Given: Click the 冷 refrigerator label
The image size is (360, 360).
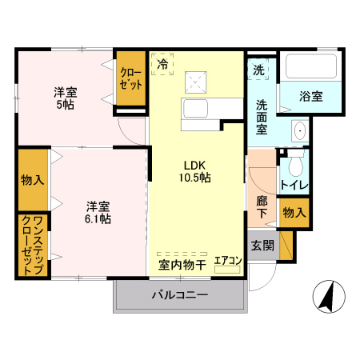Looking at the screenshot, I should tap(162, 63).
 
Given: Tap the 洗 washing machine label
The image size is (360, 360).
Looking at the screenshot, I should tap(258, 70).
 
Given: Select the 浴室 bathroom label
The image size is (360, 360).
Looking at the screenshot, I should tap(311, 97).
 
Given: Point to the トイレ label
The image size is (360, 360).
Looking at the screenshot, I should tap(294, 186).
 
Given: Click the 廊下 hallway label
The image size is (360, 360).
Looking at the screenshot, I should tap(262, 206).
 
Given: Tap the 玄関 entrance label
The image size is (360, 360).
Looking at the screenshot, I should tap(262, 246).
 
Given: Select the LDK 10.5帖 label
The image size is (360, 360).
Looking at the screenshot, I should tap(194, 171).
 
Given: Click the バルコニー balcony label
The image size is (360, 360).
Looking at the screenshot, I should tap(181, 296).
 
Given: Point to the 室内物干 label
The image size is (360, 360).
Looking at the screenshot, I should tap(182, 263).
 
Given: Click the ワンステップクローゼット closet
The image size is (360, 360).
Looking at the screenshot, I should tap(33, 246).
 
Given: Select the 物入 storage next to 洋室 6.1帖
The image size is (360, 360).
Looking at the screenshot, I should tap(33, 179).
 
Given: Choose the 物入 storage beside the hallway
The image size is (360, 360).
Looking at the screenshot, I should tap(294, 212).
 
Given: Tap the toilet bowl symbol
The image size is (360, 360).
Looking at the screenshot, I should tap(294, 166).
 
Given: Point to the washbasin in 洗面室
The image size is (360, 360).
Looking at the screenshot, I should tap(299, 130).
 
